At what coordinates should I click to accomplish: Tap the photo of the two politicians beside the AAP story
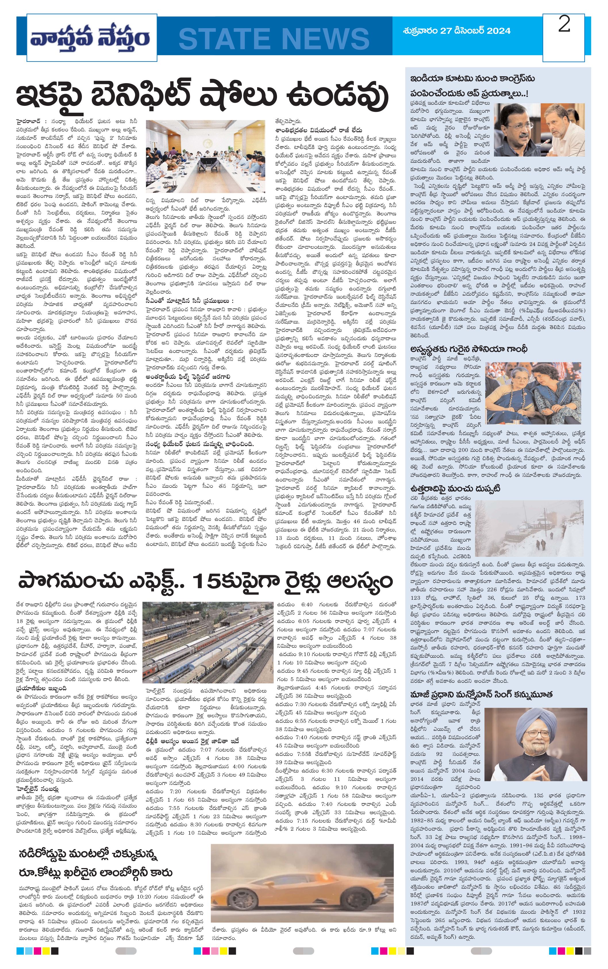coord(539,130)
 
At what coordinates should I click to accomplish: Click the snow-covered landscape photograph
coord(529,531)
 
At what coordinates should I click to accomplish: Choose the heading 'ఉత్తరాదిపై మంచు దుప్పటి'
coord(455,488)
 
